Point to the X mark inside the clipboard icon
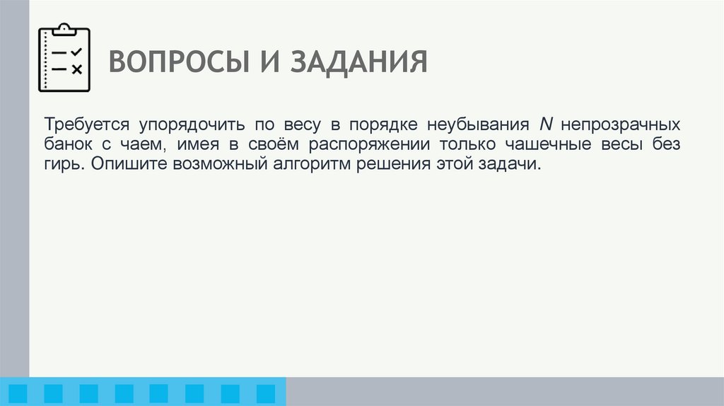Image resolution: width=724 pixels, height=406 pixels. tap(77, 69)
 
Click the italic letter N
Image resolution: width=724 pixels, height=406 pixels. tap(544, 125)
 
